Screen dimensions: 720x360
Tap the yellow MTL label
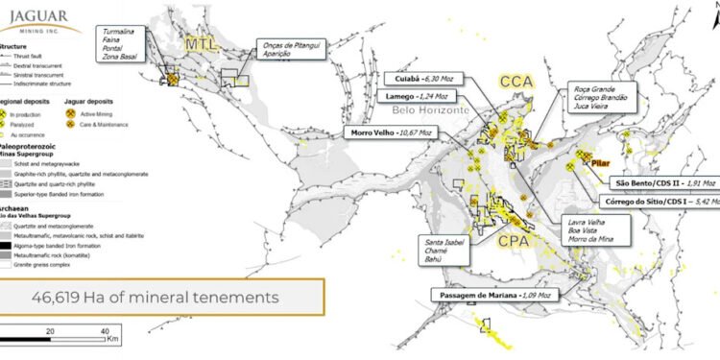[201, 44]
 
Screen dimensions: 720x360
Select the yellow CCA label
[514, 84]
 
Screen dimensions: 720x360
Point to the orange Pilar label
[603, 164]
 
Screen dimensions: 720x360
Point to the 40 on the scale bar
[105, 329]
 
